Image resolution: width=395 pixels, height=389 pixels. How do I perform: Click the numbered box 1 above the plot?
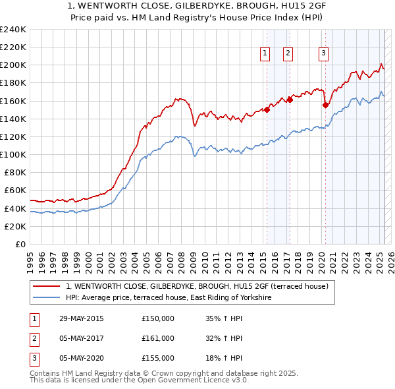click(x=265, y=54)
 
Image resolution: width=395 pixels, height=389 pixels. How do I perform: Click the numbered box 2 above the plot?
click(x=288, y=54)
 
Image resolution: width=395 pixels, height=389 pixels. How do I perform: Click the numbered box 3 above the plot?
click(x=324, y=54)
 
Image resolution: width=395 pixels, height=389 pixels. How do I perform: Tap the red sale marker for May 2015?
click(x=267, y=110)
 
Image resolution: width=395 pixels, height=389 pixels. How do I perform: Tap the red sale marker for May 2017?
click(x=290, y=100)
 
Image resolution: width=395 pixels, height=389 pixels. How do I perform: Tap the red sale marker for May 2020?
click(x=325, y=105)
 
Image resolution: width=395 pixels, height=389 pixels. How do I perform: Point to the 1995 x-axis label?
click(x=30, y=257)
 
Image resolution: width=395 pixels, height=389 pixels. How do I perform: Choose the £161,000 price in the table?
click(x=158, y=338)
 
